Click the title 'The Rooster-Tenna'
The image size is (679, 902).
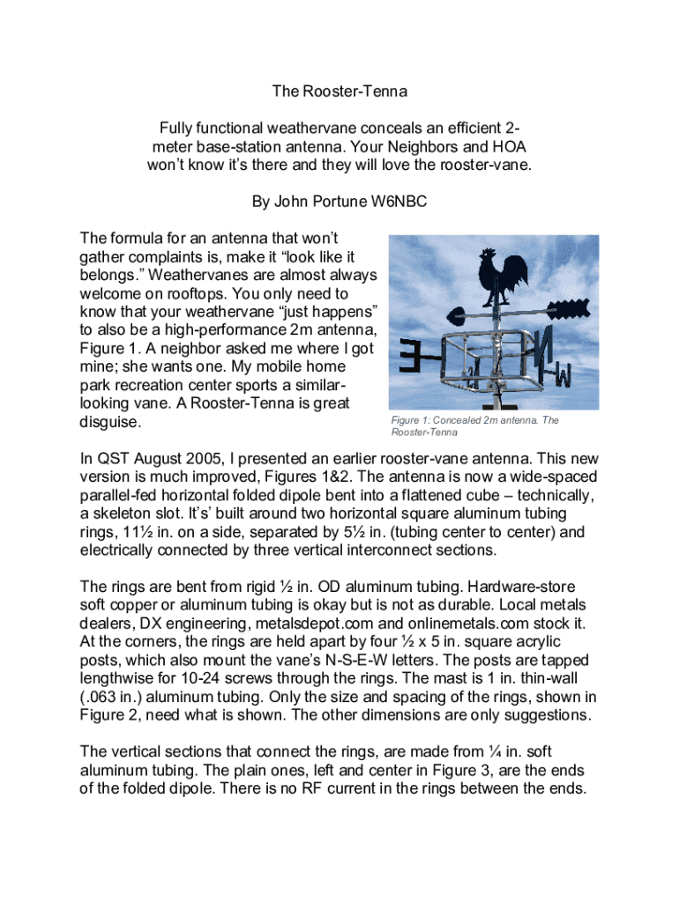tap(339, 91)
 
